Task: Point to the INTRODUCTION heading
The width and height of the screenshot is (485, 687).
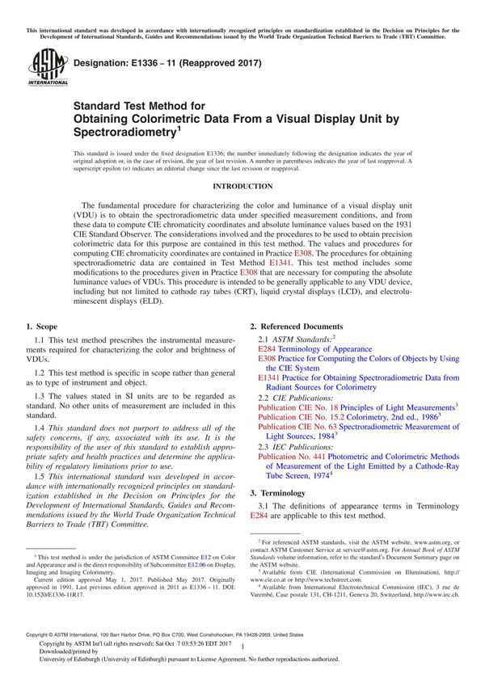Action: point(242,186)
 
